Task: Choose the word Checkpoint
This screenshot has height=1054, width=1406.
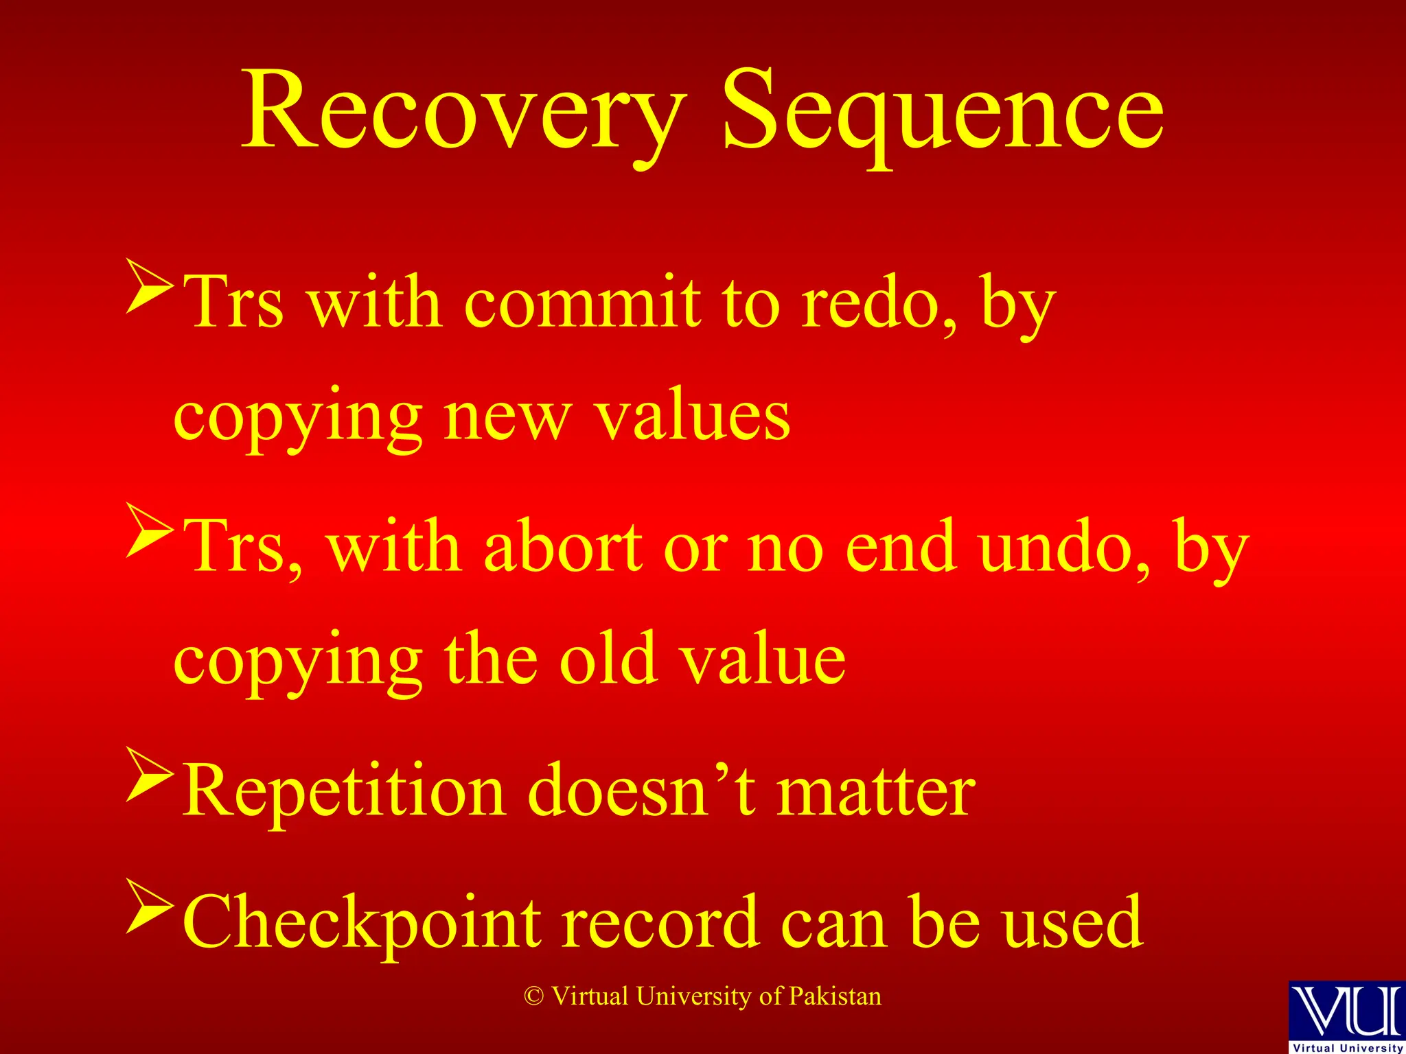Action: [x=364, y=924]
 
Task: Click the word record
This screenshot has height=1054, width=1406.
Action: [x=660, y=924]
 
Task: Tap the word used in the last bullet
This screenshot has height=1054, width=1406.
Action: [x=1072, y=924]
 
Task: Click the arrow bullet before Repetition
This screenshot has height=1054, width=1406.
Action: [x=149, y=775]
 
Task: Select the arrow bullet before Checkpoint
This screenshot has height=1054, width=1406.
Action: [x=149, y=907]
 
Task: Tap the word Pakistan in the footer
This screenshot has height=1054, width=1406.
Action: [x=835, y=996]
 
